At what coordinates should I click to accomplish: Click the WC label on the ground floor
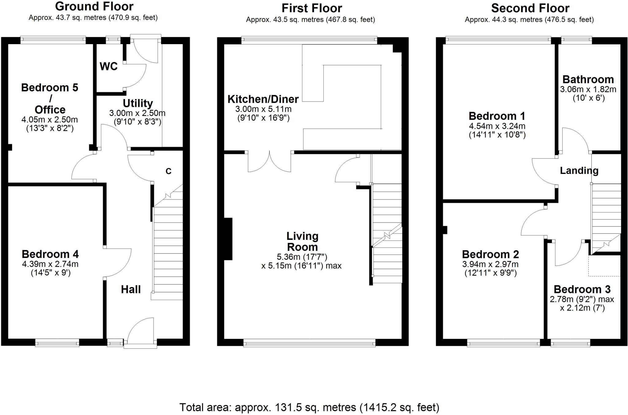(109, 66)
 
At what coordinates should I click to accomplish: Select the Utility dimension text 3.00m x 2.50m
(137, 113)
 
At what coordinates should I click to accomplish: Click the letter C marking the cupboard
(168, 171)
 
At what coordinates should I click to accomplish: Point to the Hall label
(131, 289)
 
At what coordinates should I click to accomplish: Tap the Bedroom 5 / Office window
(53, 39)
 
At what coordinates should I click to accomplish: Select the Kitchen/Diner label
(263, 99)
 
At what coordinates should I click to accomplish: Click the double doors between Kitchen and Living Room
(269, 163)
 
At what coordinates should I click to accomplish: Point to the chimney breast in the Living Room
(228, 239)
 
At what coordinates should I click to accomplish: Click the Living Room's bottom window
(309, 343)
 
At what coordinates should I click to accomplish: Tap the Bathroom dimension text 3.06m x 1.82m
(588, 89)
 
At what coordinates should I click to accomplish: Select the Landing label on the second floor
(579, 171)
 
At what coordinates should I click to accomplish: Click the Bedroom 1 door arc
(543, 172)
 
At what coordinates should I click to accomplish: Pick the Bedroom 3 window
(570, 343)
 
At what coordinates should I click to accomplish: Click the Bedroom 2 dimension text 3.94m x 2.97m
(490, 264)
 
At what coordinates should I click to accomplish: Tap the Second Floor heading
(530, 8)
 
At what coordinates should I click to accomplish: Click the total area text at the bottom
(309, 407)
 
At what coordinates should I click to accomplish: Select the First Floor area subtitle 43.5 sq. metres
(310, 20)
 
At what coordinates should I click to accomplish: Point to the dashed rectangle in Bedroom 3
(604, 266)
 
